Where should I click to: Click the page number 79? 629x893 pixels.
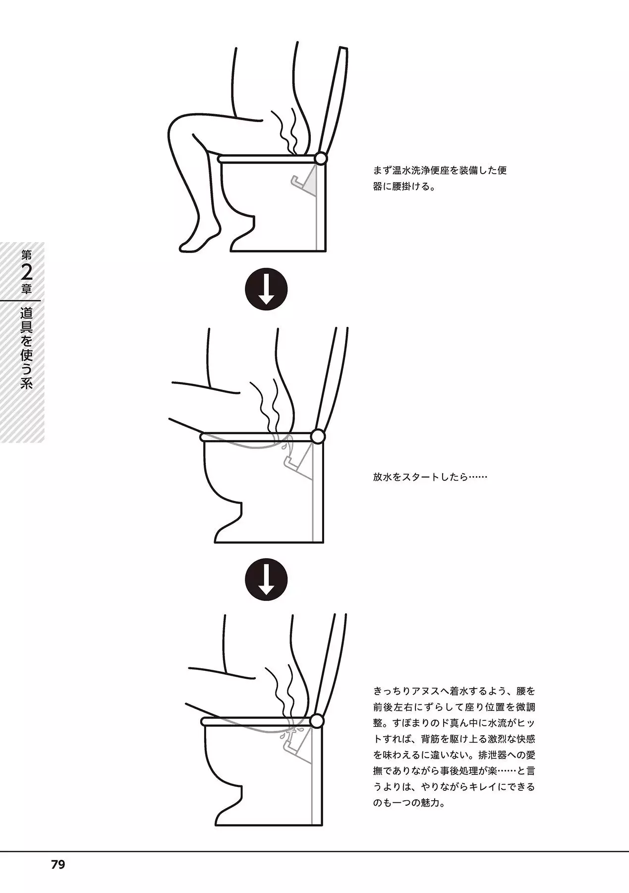click(x=58, y=865)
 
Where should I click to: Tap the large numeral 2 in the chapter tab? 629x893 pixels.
click(x=27, y=272)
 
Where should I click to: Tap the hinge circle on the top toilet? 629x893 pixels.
click(x=321, y=158)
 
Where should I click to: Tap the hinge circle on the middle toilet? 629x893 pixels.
click(x=318, y=437)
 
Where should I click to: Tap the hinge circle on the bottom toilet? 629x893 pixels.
click(x=317, y=721)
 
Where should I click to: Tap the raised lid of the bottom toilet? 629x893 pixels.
click(x=330, y=665)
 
